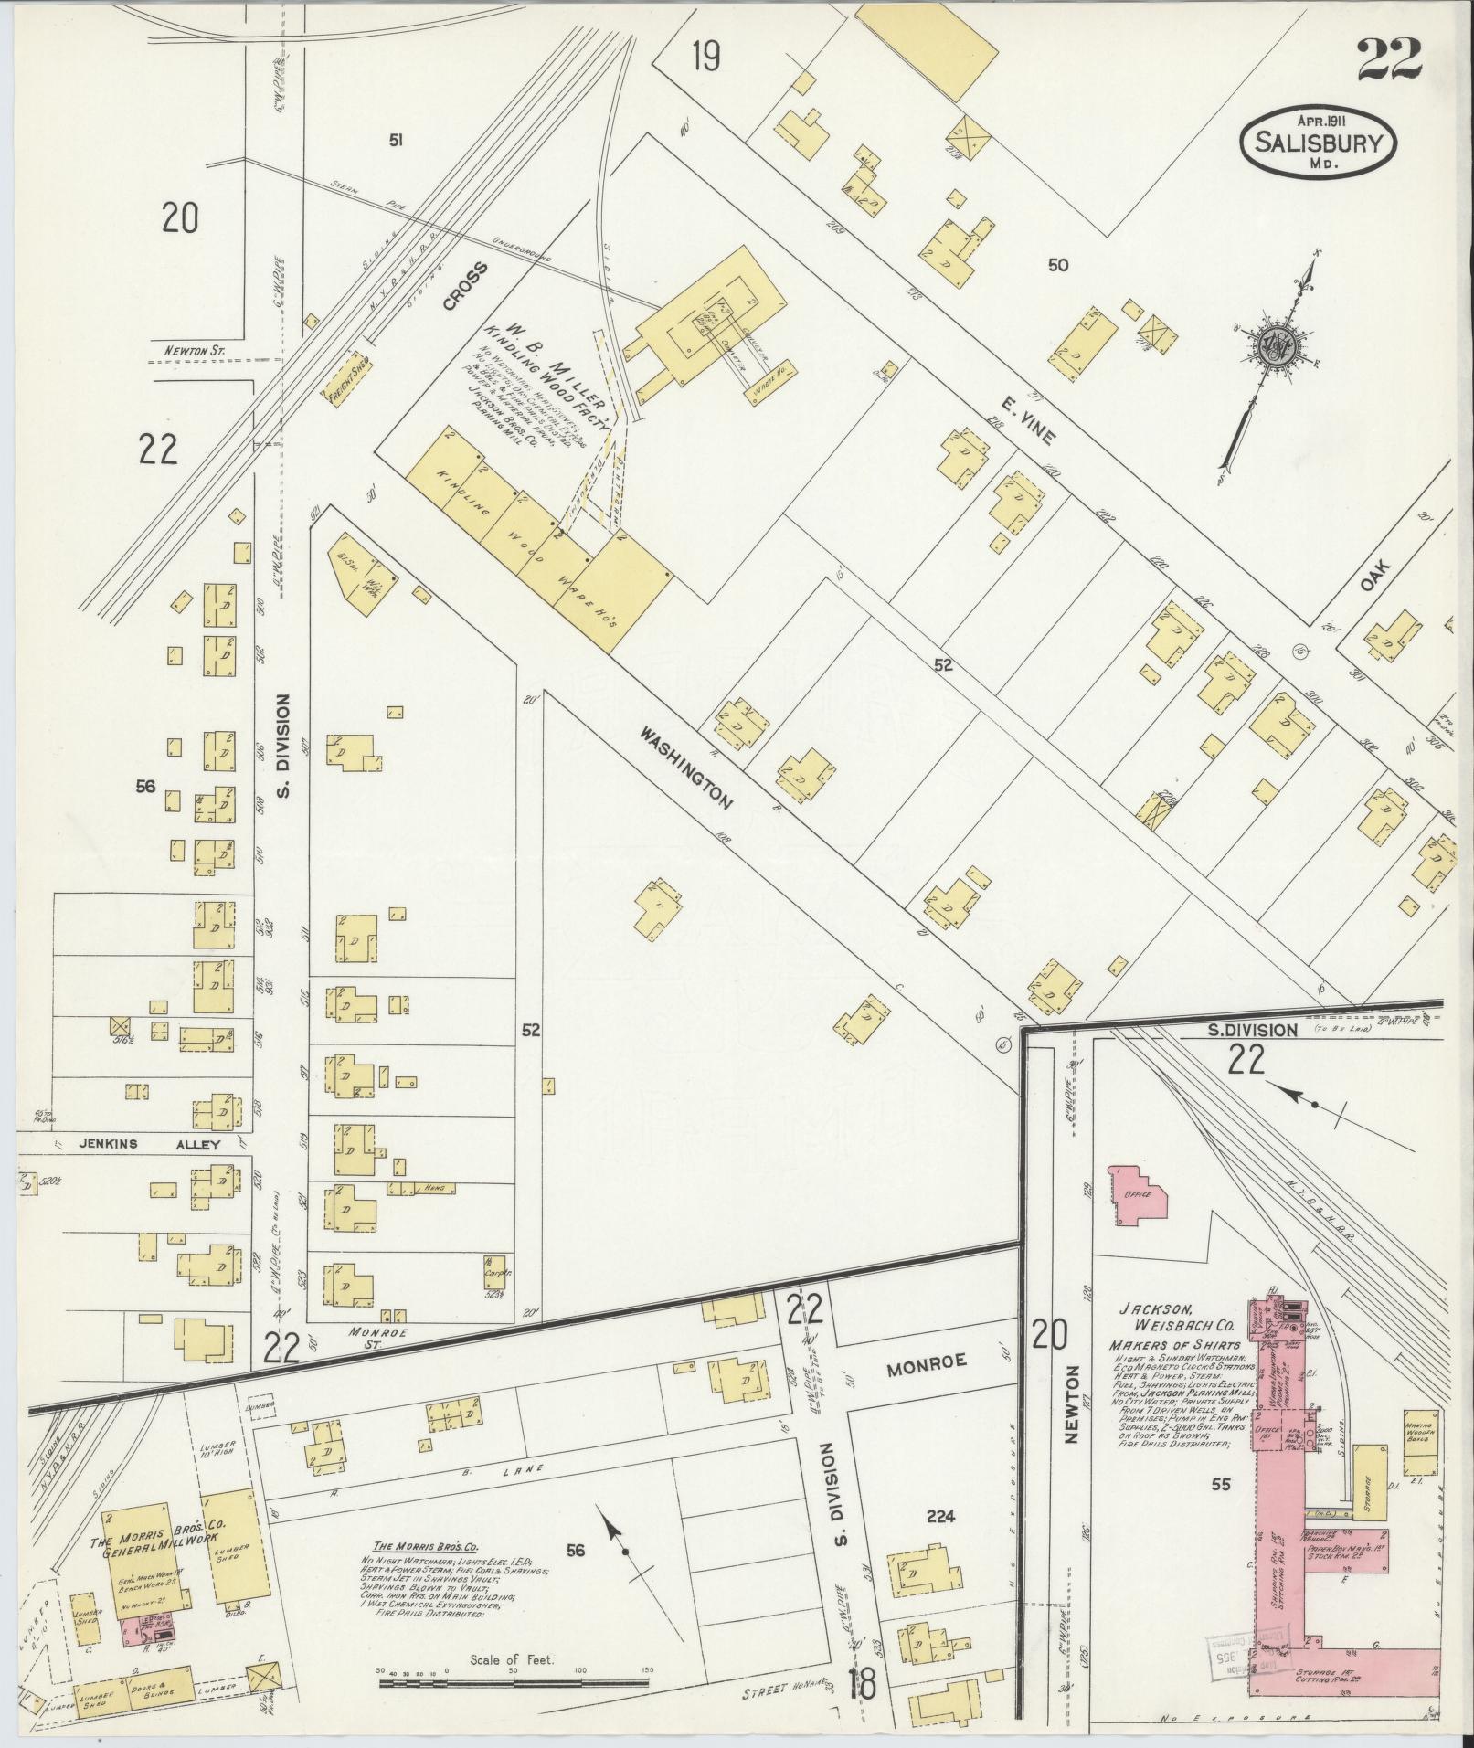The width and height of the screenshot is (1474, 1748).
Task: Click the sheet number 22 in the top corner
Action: [1388, 59]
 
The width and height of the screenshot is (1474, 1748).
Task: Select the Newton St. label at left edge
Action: [189, 348]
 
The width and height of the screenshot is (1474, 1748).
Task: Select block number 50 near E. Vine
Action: [1058, 265]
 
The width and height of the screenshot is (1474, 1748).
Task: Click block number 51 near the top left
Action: [396, 140]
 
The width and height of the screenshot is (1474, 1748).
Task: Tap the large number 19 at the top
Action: [705, 57]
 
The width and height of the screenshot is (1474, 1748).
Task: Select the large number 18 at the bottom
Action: [863, 1681]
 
